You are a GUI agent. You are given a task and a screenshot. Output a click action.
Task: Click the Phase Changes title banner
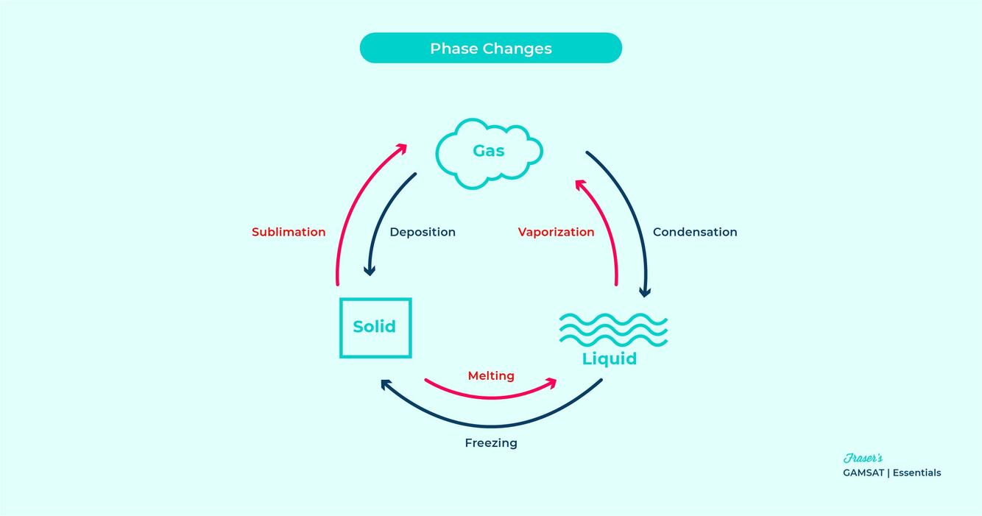click(490, 49)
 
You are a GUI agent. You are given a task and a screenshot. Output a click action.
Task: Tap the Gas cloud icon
click(489, 152)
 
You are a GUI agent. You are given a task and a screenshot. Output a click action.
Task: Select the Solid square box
click(375, 328)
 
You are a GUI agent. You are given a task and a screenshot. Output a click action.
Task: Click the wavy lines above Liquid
click(613, 329)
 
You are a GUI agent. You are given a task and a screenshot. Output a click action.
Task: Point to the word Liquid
click(610, 359)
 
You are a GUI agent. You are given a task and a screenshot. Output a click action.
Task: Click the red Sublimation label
click(289, 232)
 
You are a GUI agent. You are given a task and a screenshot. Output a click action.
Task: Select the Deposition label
click(423, 232)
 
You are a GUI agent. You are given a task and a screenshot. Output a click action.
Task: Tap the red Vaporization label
click(556, 232)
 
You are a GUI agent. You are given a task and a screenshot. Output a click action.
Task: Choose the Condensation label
click(695, 232)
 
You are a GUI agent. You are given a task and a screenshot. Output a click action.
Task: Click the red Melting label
click(491, 376)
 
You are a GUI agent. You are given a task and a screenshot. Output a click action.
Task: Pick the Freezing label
click(491, 443)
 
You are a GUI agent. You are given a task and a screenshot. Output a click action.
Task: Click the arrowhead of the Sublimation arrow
click(401, 148)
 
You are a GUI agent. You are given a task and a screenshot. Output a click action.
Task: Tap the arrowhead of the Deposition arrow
click(370, 271)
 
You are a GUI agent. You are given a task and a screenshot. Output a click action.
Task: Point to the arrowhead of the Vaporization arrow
click(580, 184)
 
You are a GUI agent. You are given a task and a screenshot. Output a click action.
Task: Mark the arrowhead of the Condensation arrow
click(645, 291)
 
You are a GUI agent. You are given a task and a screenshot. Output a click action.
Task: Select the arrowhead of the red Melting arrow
click(551, 383)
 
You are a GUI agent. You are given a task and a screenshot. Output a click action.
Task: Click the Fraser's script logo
click(863, 459)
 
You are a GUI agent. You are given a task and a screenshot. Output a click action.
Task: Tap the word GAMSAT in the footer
click(863, 473)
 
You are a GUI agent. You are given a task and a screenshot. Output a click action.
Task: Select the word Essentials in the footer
click(916, 473)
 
